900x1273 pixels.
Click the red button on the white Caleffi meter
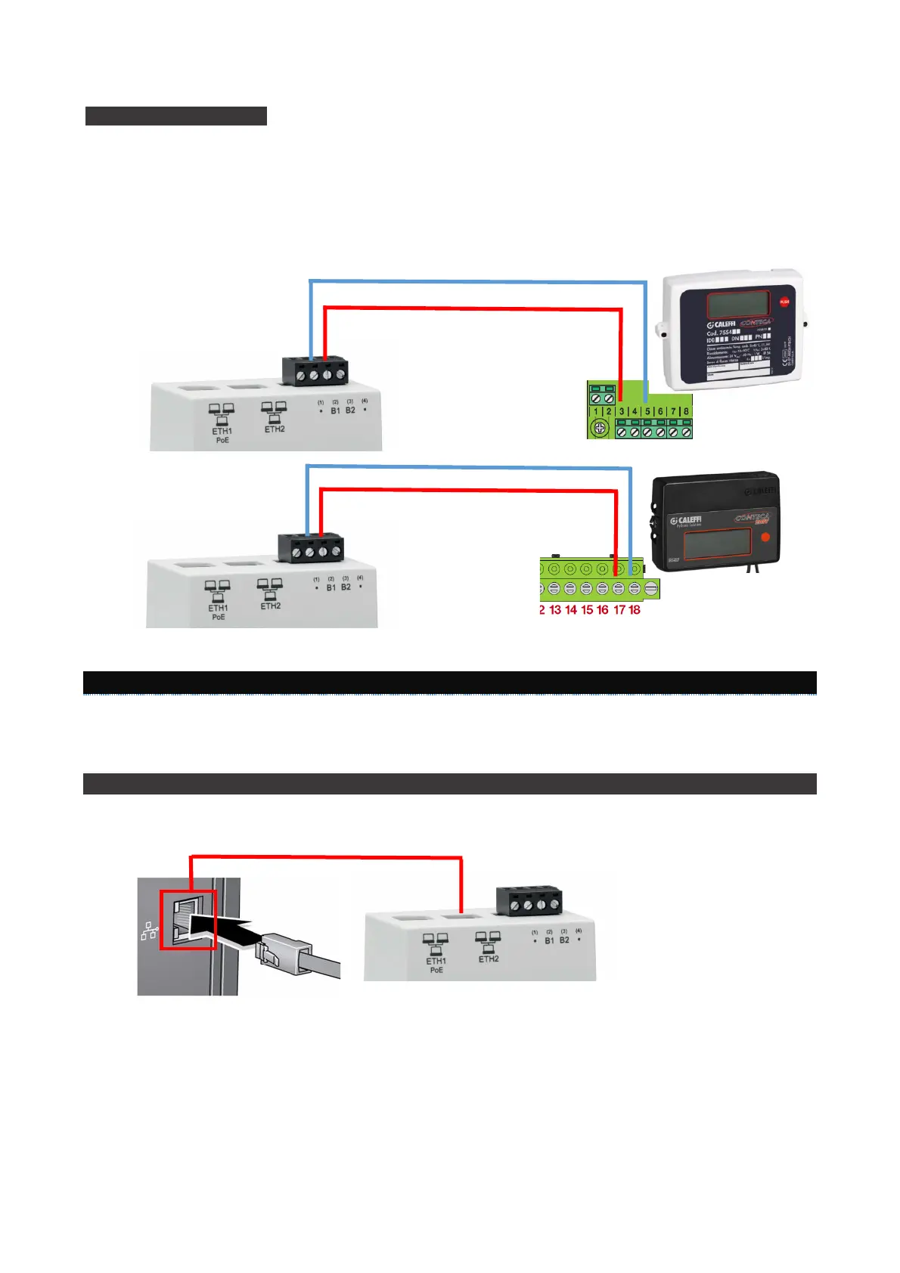[x=784, y=302]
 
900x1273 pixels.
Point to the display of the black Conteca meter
[x=717, y=544]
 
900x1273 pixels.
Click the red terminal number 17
[x=619, y=610]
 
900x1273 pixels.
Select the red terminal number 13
[x=555, y=610]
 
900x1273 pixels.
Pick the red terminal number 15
[x=587, y=610]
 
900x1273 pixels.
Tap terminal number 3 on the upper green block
[x=622, y=412]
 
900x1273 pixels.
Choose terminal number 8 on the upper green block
[x=686, y=412]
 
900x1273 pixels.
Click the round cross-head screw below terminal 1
[x=599, y=429]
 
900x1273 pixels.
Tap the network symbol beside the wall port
[x=149, y=932]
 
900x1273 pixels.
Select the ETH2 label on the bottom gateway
[x=489, y=959]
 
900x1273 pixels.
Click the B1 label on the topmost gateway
[x=335, y=410]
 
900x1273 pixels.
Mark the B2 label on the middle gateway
[x=346, y=587]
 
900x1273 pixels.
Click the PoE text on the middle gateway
[x=219, y=617]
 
